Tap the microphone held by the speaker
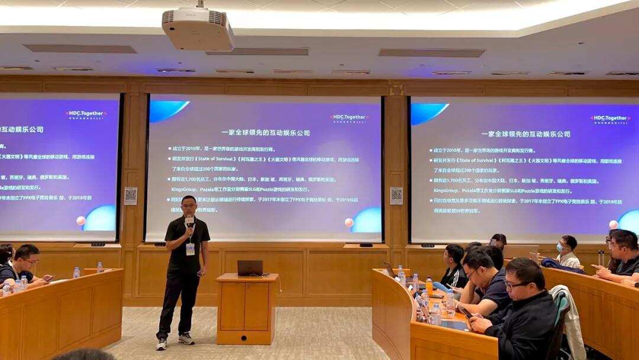point(189,221)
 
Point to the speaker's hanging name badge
point(190,249)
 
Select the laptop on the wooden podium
point(250,268)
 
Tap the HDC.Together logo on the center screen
point(349,118)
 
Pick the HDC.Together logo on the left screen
point(86,113)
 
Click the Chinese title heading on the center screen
point(266,133)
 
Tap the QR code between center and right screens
point(396,195)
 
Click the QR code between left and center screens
point(131,195)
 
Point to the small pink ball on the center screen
point(349,223)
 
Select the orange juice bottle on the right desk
point(429,285)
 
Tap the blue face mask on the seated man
point(559,247)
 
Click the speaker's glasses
point(189,207)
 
